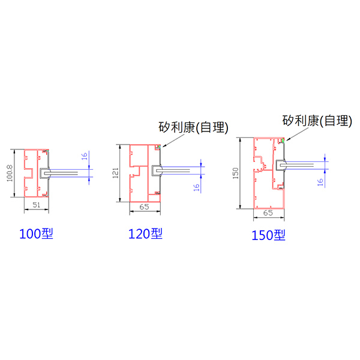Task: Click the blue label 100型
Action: pyautogui.click(x=36, y=234)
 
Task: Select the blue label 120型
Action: pyautogui.click(x=145, y=234)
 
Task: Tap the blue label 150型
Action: pyautogui.click(x=268, y=235)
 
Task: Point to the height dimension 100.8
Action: pyautogui.click(x=10, y=173)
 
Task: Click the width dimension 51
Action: pyautogui.click(x=36, y=205)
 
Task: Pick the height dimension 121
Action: pyautogui.click(x=115, y=173)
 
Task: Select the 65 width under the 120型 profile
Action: pyautogui.click(x=145, y=207)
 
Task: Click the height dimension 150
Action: pyautogui.click(x=236, y=173)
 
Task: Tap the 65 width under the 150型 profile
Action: pyautogui.click(x=268, y=213)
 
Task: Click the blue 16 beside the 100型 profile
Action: pyautogui.click(x=85, y=156)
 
